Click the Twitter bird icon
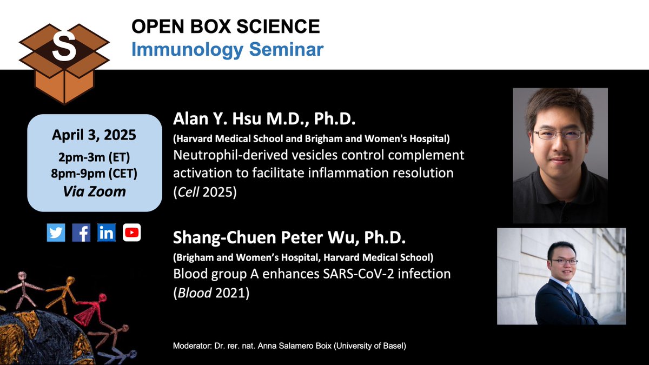(56, 233)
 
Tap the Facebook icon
(81, 233)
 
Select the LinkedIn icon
(107, 233)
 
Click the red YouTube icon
(132, 233)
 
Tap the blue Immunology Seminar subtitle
(228, 49)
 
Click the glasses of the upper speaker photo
(558, 134)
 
